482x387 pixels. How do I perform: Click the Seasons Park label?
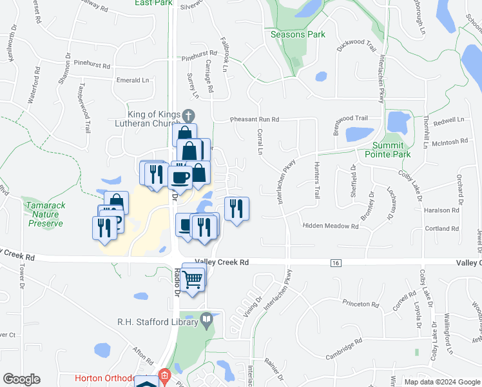298,34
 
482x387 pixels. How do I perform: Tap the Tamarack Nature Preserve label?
45,213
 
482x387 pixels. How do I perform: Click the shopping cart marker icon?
193,279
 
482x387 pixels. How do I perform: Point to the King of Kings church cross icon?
188,116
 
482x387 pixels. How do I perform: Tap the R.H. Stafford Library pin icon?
207,319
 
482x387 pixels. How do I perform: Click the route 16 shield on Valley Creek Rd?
335,263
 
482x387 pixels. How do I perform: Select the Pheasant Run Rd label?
255,119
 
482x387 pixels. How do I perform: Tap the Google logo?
21,379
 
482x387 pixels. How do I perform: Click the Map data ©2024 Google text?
442,382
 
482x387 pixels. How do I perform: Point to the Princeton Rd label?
361,303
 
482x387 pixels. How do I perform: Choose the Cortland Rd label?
441,228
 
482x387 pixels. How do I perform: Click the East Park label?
153,3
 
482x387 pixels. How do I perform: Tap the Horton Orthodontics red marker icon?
164,375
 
